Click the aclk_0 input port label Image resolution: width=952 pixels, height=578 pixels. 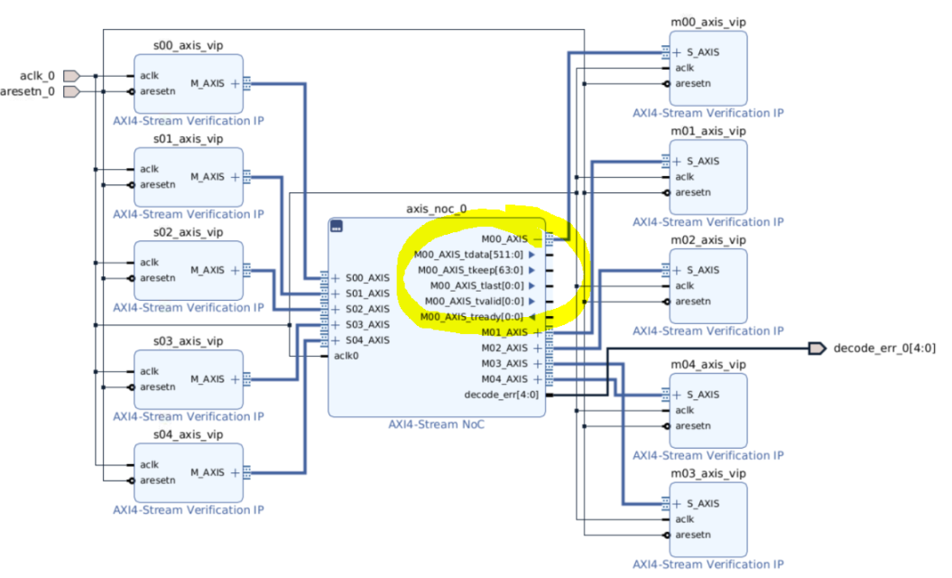(x=37, y=76)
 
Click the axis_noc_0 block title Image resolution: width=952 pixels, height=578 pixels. (x=437, y=209)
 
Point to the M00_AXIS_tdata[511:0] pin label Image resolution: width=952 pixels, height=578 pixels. (x=468, y=255)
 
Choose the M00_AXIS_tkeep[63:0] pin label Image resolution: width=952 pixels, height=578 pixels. (x=470, y=270)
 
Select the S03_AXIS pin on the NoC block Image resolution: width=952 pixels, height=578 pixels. (x=366, y=324)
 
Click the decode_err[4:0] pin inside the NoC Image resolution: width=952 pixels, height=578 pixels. (x=501, y=394)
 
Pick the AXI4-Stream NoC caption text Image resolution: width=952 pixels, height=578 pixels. (x=437, y=424)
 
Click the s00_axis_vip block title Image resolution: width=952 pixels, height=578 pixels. (x=188, y=45)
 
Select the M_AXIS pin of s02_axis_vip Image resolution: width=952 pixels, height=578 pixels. (x=207, y=270)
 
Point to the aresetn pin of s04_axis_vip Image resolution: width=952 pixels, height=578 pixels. (x=158, y=480)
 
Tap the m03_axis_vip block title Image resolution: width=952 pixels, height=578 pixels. (x=707, y=473)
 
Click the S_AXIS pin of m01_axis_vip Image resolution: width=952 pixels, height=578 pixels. (x=703, y=161)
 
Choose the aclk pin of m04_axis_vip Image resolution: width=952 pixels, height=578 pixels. (x=685, y=410)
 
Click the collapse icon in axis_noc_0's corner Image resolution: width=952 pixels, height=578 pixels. (x=337, y=227)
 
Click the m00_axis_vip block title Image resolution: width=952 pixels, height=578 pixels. (x=707, y=23)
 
